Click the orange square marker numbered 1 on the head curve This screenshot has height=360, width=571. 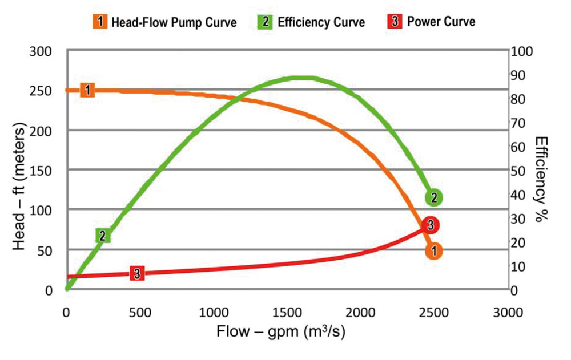click(x=87, y=90)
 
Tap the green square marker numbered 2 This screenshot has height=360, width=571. click(x=103, y=236)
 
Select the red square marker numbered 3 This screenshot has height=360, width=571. click(x=136, y=273)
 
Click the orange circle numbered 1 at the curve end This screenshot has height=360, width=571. click(x=433, y=250)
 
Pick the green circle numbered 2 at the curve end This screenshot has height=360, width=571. click(x=434, y=197)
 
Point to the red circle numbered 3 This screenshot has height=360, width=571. click(x=431, y=225)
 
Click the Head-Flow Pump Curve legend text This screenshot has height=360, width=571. click(x=174, y=23)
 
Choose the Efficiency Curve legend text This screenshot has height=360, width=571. click(x=321, y=23)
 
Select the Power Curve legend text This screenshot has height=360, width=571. click(x=441, y=22)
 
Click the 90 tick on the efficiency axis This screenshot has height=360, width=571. click(x=525, y=75)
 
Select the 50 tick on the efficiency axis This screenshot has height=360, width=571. click(x=525, y=171)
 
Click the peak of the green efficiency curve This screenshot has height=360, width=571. click(x=303, y=78)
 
